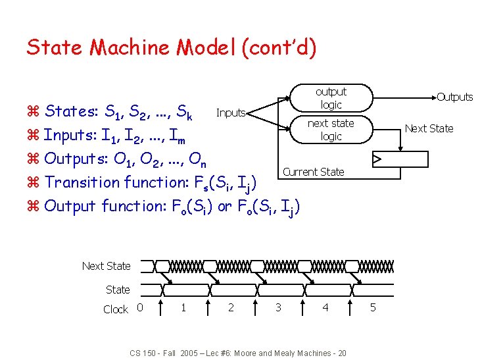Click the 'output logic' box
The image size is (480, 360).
[331, 98]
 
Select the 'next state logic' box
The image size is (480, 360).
[331, 130]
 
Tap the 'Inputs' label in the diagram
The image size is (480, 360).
[231, 113]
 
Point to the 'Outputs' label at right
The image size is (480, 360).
[454, 97]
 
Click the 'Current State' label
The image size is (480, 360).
[313, 172]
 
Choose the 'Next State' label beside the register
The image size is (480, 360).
[429, 128]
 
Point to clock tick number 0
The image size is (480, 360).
[139, 307]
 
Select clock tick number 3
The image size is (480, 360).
[278, 307]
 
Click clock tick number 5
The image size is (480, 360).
[372, 307]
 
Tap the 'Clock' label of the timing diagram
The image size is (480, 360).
[116, 309]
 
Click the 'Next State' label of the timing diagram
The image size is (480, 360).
[106, 266]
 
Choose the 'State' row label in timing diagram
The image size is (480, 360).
[118, 289]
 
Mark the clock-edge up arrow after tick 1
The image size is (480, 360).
[208, 306]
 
